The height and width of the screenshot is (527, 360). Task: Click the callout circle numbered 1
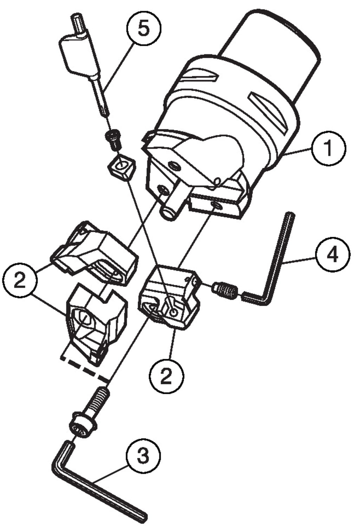coord(329,148)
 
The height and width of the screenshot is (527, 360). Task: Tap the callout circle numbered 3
coord(143,456)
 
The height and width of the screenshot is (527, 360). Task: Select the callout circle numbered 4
coord(333,254)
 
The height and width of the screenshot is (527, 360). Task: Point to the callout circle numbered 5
coord(143,28)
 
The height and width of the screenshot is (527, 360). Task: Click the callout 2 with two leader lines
coord(20,280)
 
